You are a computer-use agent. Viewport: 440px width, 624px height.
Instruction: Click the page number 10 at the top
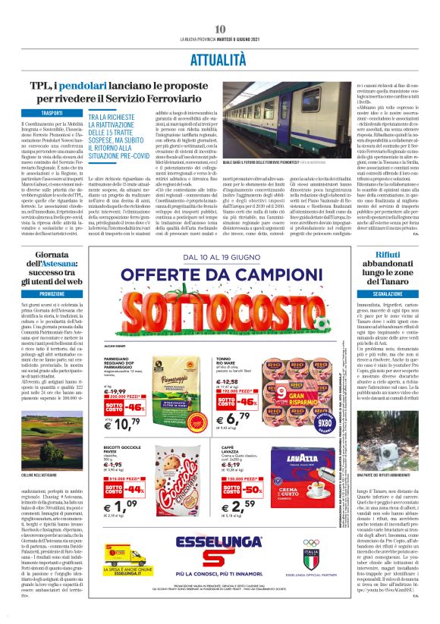(221, 29)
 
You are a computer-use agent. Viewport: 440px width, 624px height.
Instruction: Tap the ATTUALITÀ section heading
(220, 56)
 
